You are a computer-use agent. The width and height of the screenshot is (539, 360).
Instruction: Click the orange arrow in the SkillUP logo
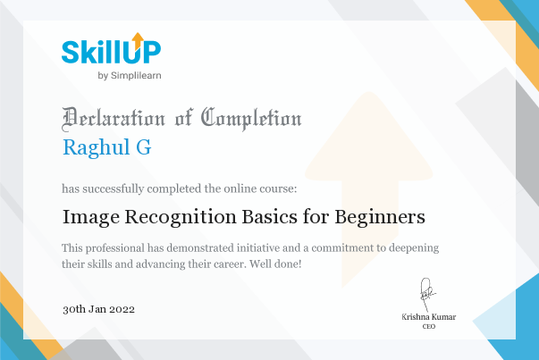138,41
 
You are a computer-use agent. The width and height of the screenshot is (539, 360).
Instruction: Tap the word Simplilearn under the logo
136,76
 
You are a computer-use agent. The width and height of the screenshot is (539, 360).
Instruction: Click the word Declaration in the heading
114,119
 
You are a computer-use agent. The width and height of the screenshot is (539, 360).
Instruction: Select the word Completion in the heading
251,119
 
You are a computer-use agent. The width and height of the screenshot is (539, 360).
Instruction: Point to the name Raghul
97,148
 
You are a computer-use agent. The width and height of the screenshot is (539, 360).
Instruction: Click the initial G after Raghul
144,147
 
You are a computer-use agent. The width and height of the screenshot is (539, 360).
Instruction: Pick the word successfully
114,188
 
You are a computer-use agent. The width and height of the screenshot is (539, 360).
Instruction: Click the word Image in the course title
91,218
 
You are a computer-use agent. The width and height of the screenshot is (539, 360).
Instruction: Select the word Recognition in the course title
181,218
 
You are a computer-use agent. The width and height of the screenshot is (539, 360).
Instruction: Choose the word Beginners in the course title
380,218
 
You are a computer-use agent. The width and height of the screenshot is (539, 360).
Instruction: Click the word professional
115,248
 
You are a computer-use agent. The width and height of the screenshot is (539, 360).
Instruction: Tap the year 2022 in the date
122,309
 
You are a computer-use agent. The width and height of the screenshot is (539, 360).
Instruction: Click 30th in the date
74,309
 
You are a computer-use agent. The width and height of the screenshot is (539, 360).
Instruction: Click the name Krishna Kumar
429,317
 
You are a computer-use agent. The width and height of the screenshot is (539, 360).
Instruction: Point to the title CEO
429,326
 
